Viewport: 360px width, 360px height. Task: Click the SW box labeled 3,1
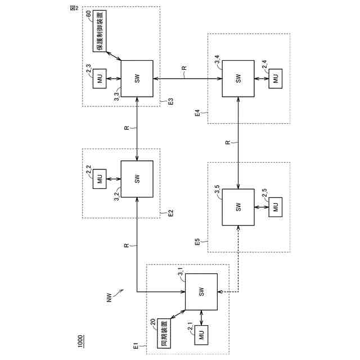[x=201, y=292]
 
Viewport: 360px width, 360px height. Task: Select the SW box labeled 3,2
[x=137, y=179]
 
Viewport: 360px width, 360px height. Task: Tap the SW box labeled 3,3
[x=137, y=79]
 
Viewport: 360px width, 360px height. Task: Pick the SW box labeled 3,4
[x=238, y=79]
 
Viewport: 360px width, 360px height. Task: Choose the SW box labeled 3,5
[x=238, y=207]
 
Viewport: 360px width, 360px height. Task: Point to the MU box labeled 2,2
[x=100, y=179]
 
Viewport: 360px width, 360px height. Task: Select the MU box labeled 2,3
[x=100, y=79]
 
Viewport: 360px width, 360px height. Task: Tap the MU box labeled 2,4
[x=276, y=79]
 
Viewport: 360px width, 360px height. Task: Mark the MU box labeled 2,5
[x=276, y=207]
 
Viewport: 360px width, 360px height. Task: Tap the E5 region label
[x=197, y=242]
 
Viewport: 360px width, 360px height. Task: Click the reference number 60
[x=88, y=13]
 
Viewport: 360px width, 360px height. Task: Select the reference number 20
[x=152, y=321]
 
